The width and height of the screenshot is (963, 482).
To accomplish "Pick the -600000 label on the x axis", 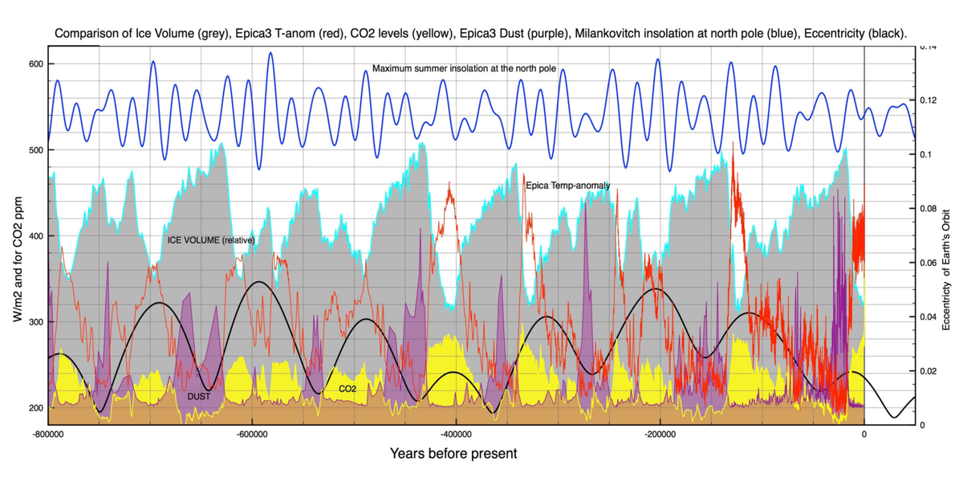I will point(252,435).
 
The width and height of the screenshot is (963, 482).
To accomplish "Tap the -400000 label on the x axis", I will point(456,435).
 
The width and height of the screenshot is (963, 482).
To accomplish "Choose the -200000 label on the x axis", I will point(660,435).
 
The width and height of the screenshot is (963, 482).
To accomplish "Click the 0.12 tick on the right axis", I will point(929,100).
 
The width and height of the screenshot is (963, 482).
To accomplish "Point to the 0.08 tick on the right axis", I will point(929,209).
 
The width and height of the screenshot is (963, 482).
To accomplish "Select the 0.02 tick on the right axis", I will point(929,371).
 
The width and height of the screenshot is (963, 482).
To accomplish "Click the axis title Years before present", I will point(453,454).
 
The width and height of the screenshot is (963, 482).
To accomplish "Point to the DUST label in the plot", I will point(199,396).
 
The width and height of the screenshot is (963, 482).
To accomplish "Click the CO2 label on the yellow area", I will point(347,389).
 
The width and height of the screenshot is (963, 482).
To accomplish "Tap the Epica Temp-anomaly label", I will point(567,186).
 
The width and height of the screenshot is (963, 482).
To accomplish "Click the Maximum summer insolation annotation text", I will point(464,69).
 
